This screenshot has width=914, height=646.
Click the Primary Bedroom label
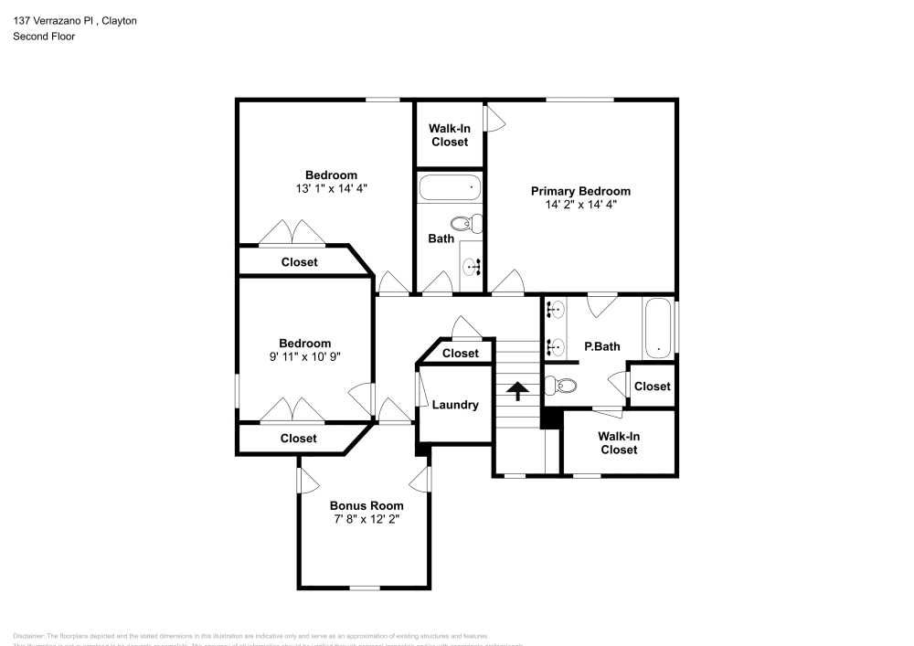(580, 191)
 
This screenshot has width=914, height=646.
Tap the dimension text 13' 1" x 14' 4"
(331, 188)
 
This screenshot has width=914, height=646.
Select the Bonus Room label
(366, 505)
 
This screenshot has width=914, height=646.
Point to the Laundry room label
(455, 405)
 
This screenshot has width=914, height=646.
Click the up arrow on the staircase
(517, 391)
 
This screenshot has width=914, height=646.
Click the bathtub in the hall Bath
(449, 188)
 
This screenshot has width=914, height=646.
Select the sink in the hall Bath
(472, 268)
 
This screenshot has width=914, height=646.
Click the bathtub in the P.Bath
(658, 326)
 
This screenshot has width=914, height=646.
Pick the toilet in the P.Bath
(560, 386)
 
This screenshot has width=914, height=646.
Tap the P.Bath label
(602, 346)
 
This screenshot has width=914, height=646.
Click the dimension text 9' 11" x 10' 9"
(304, 356)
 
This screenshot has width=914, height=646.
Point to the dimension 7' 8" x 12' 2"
(366, 519)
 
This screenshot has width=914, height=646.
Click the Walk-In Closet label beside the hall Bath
(449, 135)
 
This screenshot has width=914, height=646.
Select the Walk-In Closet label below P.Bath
(619, 443)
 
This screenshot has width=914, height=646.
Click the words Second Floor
(44, 37)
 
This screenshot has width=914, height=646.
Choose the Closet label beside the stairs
(460, 354)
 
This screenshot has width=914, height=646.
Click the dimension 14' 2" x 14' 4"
(580, 205)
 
